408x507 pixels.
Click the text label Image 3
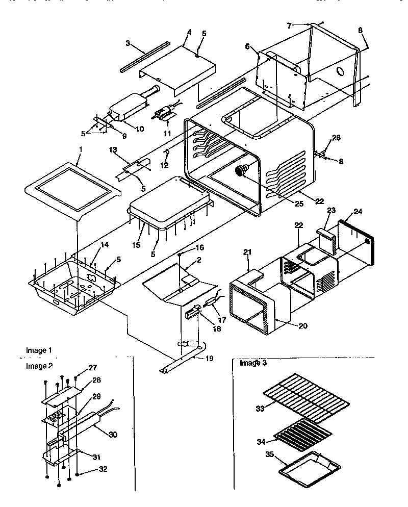pyautogui.click(x=253, y=363)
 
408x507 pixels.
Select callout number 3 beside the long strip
pyautogui.click(x=129, y=43)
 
